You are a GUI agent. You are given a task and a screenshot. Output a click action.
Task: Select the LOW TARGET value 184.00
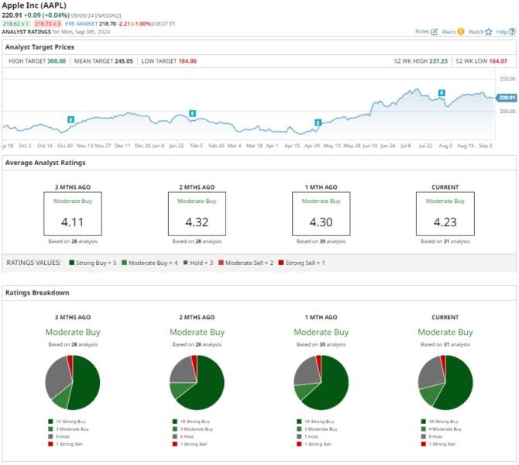[x=187, y=60]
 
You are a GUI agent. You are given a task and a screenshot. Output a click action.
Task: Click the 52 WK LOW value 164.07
[x=499, y=60]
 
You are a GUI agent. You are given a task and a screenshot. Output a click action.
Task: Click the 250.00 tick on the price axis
[x=507, y=79]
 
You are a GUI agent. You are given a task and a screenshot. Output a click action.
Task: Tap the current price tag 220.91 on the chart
[x=507, y=97]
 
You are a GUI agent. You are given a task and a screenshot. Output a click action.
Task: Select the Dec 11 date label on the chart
[x=123, y=145]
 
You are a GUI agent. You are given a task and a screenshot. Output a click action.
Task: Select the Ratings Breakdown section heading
[x=37, y=292]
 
